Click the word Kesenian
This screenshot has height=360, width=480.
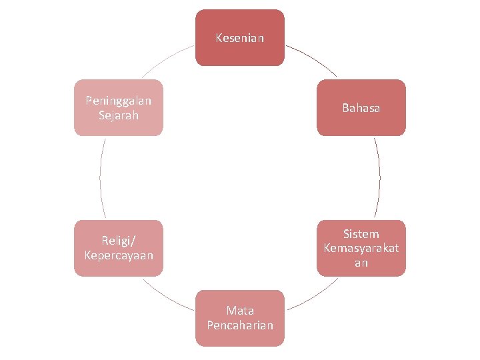[240, 38]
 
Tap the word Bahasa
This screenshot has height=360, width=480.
[361, 108]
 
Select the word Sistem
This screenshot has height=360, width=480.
[361, 234]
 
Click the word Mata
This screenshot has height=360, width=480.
[240, 311]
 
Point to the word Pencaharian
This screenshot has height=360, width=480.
[240, 325]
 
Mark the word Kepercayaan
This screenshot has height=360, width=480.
[119, 255]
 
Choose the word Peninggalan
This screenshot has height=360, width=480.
[119, 101]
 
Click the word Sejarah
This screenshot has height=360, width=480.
[119, 115]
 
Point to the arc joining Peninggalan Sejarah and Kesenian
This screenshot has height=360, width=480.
[167, 59]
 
